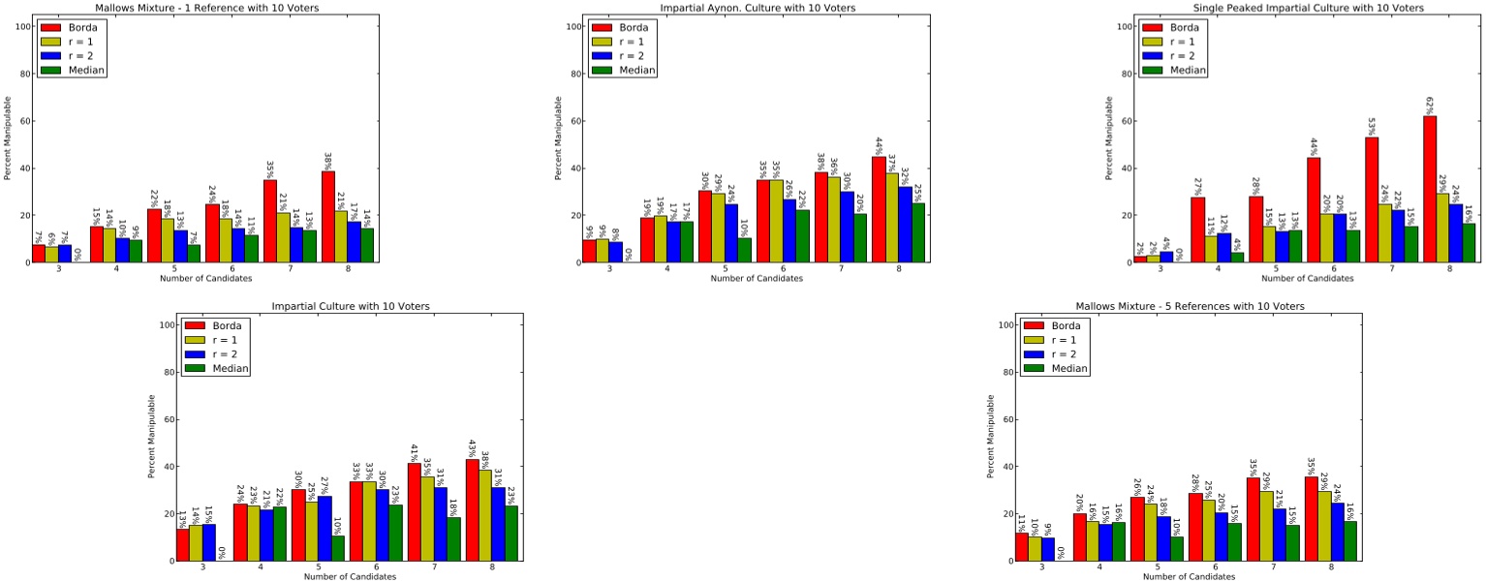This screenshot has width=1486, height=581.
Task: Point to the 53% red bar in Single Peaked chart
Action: (x=1371, y=199)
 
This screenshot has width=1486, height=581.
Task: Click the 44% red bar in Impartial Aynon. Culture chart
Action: (x=878, y=209)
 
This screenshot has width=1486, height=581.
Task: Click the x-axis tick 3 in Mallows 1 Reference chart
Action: (x=59, y=268)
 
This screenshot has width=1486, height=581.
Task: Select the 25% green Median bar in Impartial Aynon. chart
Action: (x=918, y=232)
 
